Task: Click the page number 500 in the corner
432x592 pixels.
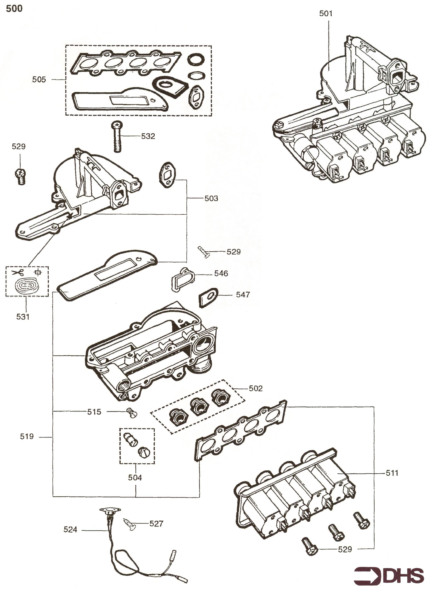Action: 14,9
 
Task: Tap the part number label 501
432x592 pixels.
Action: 326,13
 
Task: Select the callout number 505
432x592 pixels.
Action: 39,79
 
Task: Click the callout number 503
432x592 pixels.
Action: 211,198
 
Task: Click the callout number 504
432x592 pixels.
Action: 135,477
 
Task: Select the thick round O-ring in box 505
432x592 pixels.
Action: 196,61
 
